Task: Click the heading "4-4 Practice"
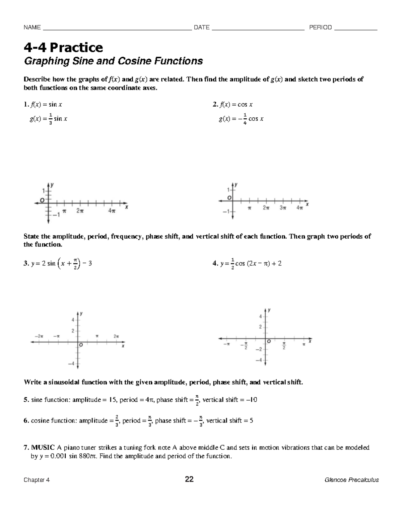(63, 48)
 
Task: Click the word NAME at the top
(32, 27)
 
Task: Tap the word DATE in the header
(202, 27)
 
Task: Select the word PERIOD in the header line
(320, 27)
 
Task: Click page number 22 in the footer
(189, 479)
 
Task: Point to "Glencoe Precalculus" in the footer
(352, 480)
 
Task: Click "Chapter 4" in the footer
(37, 480)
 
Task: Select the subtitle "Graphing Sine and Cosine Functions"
(113, 61)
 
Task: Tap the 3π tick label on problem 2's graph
(283, 208)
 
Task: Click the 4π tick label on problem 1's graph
(112, 211)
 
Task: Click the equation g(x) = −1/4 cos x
(241, 119)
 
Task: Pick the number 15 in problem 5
(113, 400)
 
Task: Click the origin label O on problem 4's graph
(269, 341)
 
